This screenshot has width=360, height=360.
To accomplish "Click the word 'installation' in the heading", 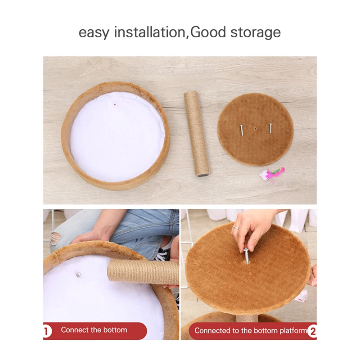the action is coord(150,32).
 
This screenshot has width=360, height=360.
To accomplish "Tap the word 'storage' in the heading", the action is coord(256,33).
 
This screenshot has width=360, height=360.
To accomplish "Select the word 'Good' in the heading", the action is coord(208,32).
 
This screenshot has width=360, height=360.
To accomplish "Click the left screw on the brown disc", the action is coord(242,130).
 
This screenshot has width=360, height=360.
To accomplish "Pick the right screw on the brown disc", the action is coord(270,128).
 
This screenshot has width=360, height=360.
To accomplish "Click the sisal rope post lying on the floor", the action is coord(197,133).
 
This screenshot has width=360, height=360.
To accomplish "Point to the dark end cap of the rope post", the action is coord(203,175).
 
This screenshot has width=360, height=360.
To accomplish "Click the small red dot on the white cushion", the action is coord(115,105).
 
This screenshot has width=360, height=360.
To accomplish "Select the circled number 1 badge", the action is coord(47,331).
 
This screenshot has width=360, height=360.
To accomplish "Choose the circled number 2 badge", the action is coord(313,331).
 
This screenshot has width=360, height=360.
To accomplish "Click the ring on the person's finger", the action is coord(236,227).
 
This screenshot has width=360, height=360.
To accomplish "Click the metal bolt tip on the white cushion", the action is coord(78,274).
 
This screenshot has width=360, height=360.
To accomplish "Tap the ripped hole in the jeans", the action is coord(55,239).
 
